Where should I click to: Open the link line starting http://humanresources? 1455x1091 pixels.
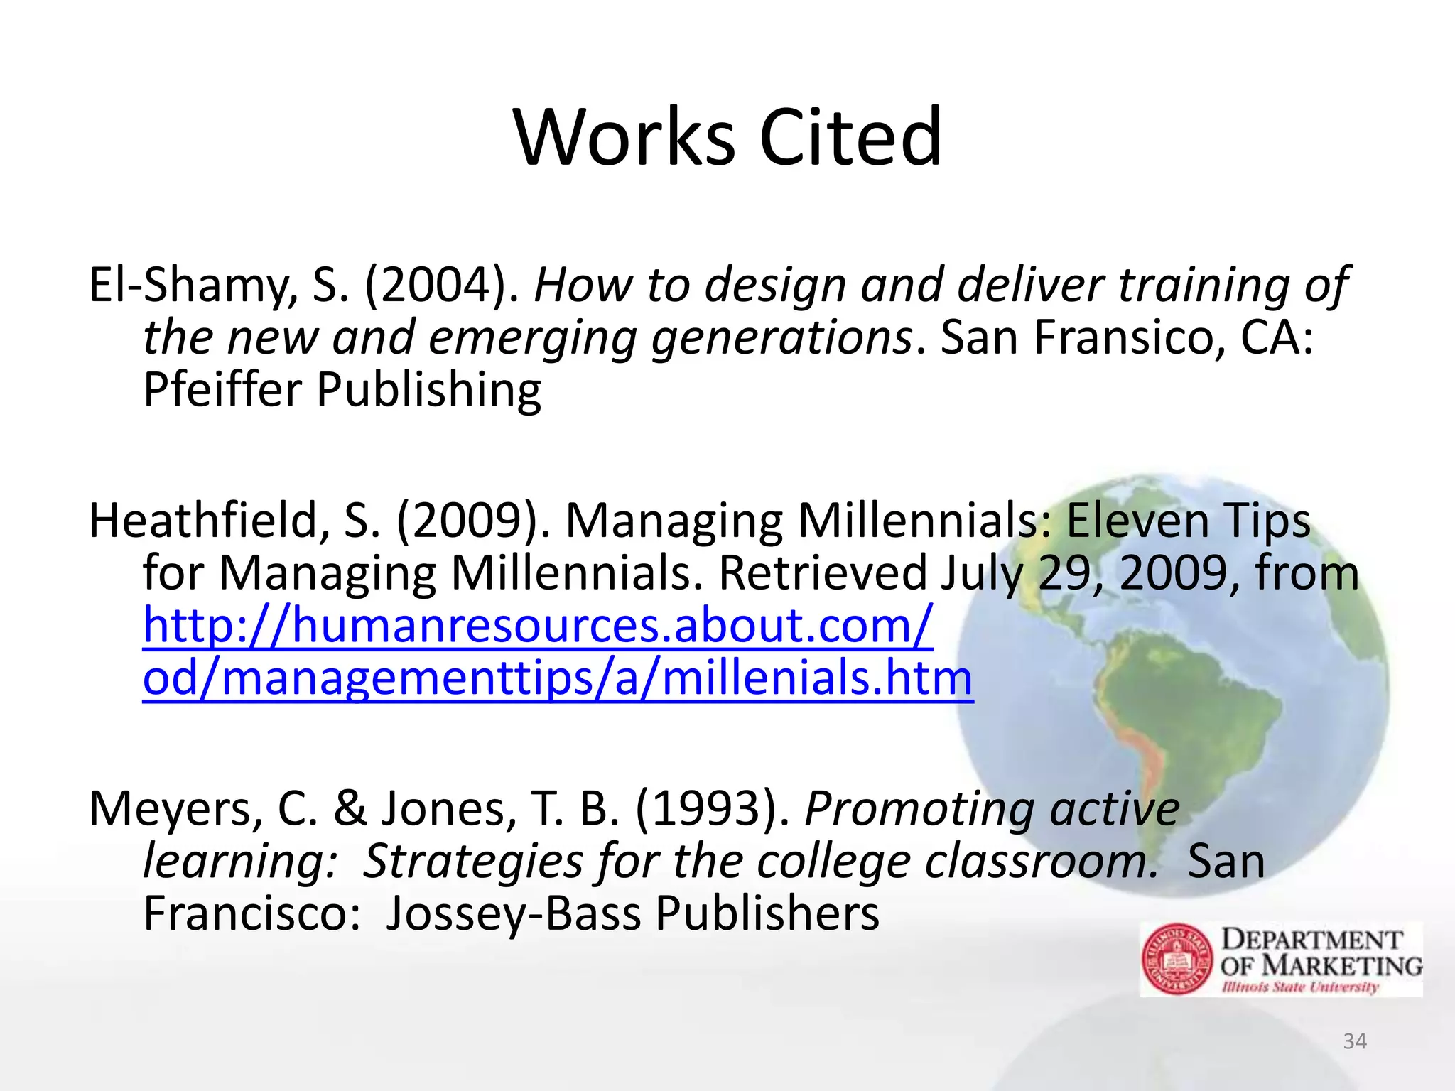tap(537, 626)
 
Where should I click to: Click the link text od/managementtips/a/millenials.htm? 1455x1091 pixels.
tap(557, 678)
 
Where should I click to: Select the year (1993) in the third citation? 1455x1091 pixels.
tap(711, 809)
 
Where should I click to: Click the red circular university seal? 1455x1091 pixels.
tap(1178, 959)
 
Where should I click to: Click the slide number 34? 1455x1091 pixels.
tap(1355, 1041)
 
